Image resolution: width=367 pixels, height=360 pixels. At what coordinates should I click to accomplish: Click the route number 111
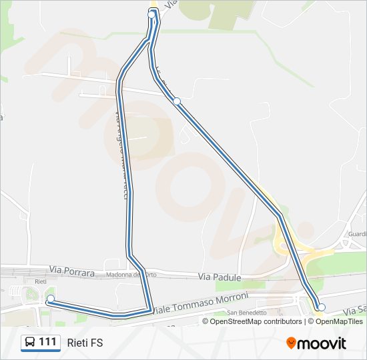47,342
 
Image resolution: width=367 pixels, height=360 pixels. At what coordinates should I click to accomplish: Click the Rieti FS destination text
85,343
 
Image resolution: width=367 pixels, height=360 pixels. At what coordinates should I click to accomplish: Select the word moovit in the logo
322,343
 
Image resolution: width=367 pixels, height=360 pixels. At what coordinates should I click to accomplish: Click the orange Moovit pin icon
291,343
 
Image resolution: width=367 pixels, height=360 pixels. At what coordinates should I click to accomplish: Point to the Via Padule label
219,276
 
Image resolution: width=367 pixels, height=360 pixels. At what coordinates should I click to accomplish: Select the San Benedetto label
247,312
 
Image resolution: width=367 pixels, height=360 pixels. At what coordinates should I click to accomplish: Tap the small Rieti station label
40,281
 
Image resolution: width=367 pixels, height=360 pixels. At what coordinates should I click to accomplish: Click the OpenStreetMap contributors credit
256,321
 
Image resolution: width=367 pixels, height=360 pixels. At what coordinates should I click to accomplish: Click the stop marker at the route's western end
50,298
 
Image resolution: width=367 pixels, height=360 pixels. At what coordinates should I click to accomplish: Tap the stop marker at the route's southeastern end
322,307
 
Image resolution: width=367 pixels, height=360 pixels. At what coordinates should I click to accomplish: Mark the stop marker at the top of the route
152,14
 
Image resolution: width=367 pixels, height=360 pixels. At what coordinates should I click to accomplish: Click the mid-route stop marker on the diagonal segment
177,101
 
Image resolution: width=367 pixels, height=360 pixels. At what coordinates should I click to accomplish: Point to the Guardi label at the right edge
357,234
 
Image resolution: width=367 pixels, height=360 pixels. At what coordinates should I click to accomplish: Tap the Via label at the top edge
171,4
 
